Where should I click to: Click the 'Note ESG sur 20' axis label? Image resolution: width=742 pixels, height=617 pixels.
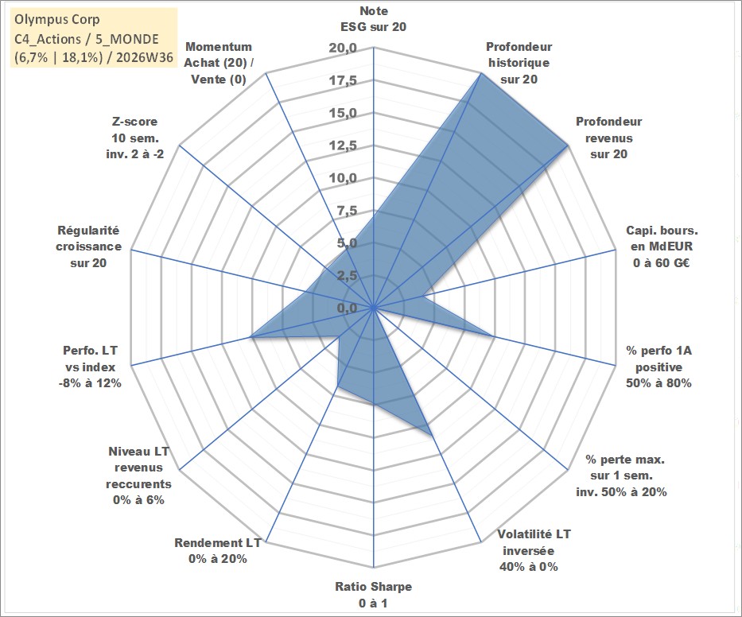pos(373,19)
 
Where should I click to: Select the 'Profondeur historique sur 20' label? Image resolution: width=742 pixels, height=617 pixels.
pos(519,63)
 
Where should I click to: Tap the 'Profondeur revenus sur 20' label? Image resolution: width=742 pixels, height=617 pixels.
pos(608,138)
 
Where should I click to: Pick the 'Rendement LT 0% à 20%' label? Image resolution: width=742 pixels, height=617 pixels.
pos(218,551)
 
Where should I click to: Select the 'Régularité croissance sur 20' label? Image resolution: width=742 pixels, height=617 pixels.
pos(88,246)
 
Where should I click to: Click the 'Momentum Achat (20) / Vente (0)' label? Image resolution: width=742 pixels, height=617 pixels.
pos(219,63)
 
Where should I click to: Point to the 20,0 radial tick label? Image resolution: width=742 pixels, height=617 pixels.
pos(343,48)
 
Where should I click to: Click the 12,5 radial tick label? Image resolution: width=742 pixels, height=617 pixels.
pos(343,146)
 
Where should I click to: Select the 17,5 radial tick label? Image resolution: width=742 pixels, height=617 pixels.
pos(343,80)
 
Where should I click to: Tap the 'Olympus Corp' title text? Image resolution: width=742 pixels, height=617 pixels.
pos(57,19)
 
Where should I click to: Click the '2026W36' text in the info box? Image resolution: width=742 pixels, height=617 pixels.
pos(144,57)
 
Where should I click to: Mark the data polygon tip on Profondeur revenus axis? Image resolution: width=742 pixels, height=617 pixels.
pos(567,146)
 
